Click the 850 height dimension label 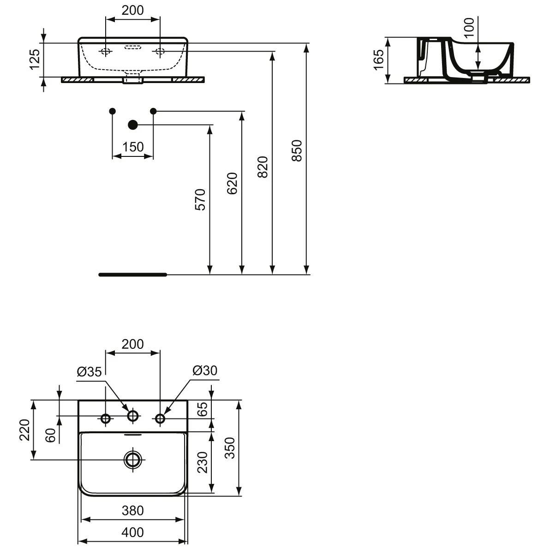point(297,150)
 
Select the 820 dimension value point(263,167)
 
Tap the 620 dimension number point(232,184)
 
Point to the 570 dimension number point(200,200)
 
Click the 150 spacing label point(133,147)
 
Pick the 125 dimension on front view point(34,59)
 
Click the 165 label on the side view point(379,60)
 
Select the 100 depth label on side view point(469,28)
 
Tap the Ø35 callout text point(89,371)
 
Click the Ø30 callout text point(205,370)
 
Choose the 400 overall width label point(132,532)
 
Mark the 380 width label point(132,510)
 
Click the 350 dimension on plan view point(230,448)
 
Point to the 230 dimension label point(203,462)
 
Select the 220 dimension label point(24,430)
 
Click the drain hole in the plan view point(133,459)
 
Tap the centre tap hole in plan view point(132,416)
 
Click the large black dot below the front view point(132,125)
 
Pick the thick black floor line point(132,275)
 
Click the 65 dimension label point(203,409)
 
